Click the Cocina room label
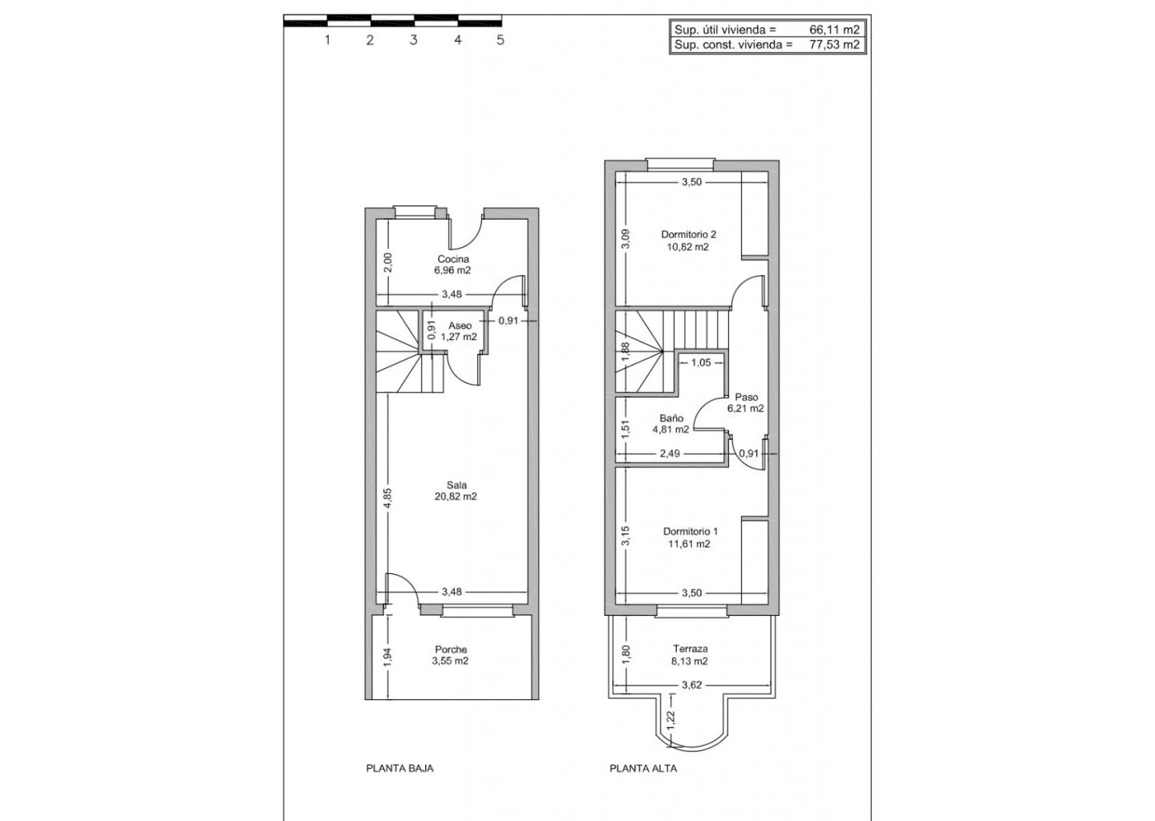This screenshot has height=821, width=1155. [453, 259]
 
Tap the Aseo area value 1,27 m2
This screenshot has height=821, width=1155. [459, 337]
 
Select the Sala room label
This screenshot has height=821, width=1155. [457, 485]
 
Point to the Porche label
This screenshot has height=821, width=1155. [451, 649]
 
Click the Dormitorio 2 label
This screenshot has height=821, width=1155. [688, 234]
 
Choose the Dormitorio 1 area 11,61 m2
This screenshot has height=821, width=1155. [690, 544]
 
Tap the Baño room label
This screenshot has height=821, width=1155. [671, 418]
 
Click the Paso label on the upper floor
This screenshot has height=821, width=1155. [746, 398]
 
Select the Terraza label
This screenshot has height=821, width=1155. [690, 649]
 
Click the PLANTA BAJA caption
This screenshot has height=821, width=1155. [399, 783]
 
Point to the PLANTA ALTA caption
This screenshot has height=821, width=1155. [643, 783]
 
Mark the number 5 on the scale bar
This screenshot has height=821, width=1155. [500, 40]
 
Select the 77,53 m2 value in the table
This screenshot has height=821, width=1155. [834, 45]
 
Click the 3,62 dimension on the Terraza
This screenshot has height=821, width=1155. [691, 686]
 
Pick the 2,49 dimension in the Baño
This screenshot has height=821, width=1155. [670, 454]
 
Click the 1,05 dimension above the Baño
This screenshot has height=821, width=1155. [701, 363]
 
